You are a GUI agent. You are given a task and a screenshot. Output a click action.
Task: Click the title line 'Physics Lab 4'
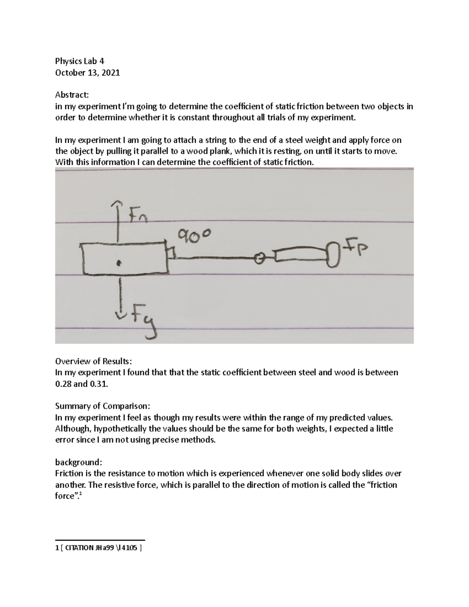pyautogui.click(x=80, y=61)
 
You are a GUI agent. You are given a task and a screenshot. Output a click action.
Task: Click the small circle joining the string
pyautogui.click(x=259, y=258)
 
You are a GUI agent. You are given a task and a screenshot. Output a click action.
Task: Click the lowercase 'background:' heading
pyautogui.click(x=79, y=462)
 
